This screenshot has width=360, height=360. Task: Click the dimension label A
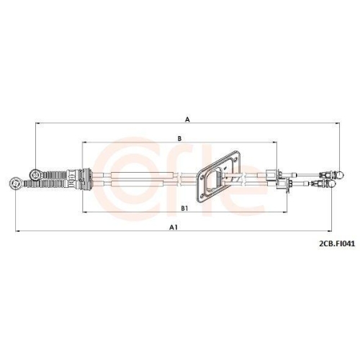point(187,119)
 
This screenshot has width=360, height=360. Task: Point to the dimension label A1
point(173,227)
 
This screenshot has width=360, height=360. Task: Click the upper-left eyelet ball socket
point(35,174)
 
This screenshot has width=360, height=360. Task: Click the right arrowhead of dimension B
point(274,143)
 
